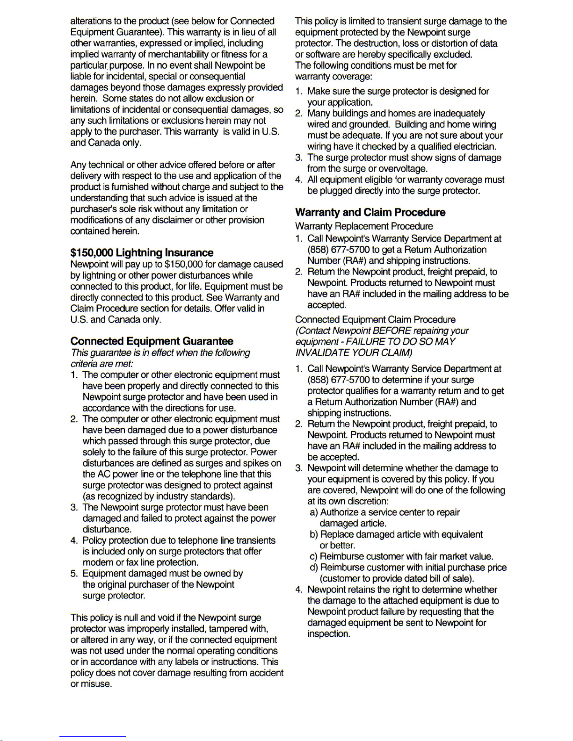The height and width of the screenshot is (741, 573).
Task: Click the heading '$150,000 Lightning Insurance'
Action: (142, 253)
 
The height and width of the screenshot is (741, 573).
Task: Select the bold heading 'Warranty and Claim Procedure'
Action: (370, 213)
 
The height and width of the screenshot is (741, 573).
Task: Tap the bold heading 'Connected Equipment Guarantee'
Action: (152, 341)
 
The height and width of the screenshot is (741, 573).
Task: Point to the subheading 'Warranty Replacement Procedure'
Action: (364, 226)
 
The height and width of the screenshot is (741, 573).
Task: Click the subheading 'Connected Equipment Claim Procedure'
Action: (375, 320)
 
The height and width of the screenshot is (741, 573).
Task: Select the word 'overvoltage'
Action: (402, 169)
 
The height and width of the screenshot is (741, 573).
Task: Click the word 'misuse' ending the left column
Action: (97, 684)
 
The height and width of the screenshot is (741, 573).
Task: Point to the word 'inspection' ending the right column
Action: (328, 634)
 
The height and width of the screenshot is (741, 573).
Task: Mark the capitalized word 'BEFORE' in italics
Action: (392, 331)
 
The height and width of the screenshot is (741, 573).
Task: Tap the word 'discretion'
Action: (362, 501)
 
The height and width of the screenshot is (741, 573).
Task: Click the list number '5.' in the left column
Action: (74, 574)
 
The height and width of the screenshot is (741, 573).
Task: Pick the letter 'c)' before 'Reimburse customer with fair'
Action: (313, 557)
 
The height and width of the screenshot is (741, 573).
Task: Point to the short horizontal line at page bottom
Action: (93, 737)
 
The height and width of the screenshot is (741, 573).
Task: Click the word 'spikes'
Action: (256, 463)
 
